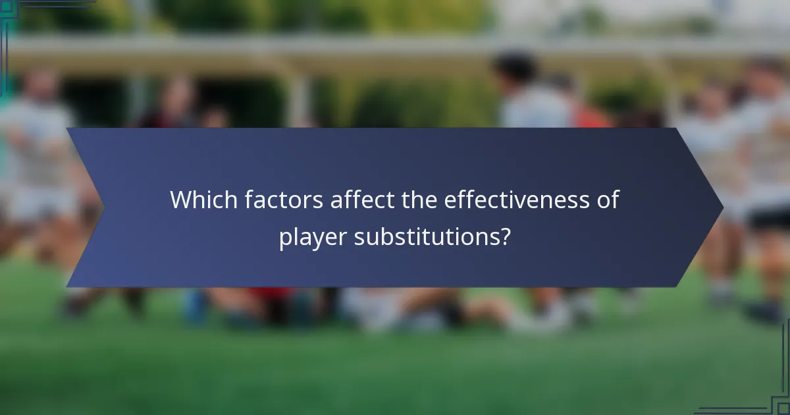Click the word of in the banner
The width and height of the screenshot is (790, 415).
(609, 200)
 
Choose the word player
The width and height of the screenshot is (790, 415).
(313, 236)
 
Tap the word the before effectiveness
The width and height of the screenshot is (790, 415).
(421, 200)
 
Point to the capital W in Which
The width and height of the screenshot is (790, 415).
(181, 200)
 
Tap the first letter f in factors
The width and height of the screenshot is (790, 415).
(249, 199)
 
